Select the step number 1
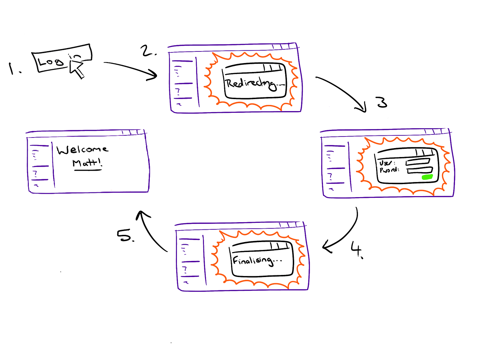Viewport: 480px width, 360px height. tap(13, 69)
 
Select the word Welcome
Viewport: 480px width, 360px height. tap(82, 149)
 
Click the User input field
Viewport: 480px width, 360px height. tap(418, 162)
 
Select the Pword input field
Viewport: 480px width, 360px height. tap(420, 170)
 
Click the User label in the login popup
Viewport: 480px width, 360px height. tap(386, 163)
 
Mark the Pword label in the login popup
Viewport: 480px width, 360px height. tap(388, 170)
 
